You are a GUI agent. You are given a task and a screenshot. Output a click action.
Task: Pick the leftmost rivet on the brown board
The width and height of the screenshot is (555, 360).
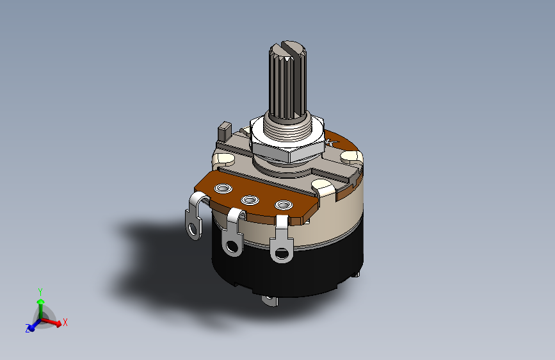point(223,188)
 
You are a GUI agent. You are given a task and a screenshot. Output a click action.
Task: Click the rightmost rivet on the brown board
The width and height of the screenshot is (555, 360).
point(282,205)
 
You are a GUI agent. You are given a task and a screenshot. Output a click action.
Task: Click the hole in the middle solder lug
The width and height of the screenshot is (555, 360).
point(231,245)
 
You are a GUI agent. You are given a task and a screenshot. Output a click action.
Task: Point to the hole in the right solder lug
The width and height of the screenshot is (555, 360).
point(280,252)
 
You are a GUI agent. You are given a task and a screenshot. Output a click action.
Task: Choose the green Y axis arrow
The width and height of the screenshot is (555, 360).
point(40,305)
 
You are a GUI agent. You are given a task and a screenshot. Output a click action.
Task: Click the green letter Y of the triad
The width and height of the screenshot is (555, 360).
point(40,291)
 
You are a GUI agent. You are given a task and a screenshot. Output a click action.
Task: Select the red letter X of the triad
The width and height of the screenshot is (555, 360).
point(65,323)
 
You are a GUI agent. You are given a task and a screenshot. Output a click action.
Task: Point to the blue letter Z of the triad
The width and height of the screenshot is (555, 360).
point(28,329)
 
